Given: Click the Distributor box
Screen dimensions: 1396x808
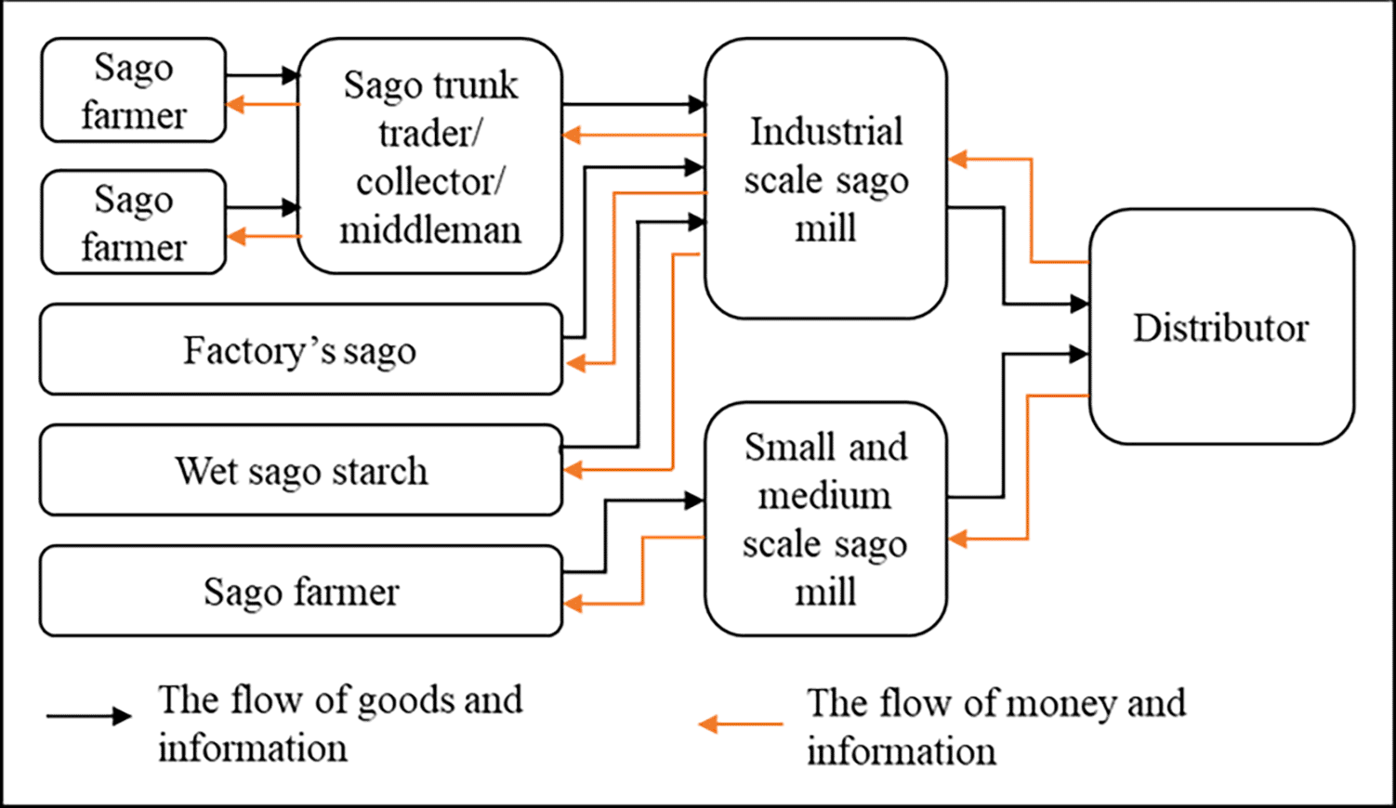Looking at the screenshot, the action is (x=1221, y=327).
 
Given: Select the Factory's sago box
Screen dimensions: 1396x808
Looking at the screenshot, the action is (x=301, y=349).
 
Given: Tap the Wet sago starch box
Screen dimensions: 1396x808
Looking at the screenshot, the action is (x=301, y=470).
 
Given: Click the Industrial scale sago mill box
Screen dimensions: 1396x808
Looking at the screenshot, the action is (x=825, y=179).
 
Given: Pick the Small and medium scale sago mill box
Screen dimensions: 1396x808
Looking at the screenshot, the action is (x=825, y=519).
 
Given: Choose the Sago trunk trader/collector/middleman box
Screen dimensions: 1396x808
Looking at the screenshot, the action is (x=430, y=156).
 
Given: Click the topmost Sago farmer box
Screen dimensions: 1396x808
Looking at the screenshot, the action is (x=133, y=90).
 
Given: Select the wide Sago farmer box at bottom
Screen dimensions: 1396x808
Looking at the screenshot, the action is (x=301, y=592).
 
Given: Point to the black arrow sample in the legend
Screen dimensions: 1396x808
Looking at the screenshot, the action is (x=88, y=716).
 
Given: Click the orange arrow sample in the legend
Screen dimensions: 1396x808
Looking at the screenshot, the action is (x=741, y=723).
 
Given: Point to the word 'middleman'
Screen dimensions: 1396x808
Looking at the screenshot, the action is (x=430, y=230).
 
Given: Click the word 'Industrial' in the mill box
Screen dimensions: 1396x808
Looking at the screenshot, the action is (x=826, y=132).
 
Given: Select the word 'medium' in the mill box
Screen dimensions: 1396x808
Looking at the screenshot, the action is (x=824, y=496).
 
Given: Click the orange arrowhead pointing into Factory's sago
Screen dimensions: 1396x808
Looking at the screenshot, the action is (x=576, y=363).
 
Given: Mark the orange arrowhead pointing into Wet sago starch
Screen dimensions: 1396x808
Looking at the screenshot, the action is (x=573, y=469).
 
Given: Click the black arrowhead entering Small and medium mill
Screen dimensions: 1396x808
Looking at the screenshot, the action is (x=694, y=500).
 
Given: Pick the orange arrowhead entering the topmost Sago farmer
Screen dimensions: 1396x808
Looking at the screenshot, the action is (x=235, y=104).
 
